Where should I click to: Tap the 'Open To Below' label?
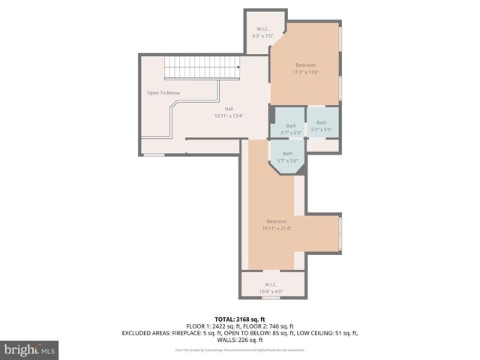point(163,93)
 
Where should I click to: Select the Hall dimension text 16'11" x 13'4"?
point(229,116)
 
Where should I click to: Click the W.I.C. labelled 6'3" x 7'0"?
point(263,35)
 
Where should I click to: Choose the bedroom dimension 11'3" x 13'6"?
point(305,73)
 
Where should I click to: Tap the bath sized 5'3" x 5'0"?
point(322,130)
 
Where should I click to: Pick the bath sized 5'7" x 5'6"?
point(288,160)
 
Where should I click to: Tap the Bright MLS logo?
point(30,349)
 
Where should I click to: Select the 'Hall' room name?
point(229,109)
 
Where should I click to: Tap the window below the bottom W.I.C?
point(271,298)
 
